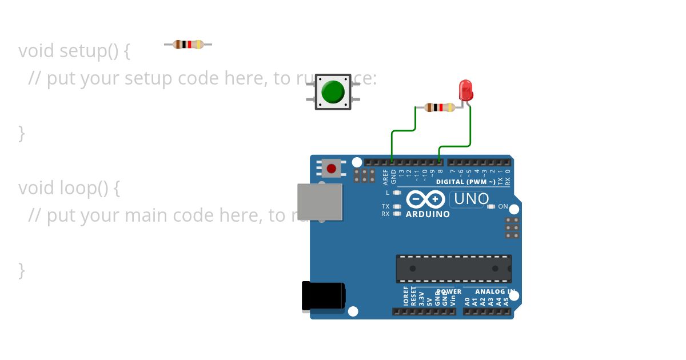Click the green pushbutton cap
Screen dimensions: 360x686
(x=333, y=91)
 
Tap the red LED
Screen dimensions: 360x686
(x=465, y=90)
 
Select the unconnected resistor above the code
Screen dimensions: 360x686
(x=188, y=45)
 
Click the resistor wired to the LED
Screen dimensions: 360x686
(x=440, y=107)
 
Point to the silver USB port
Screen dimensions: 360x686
(x=320, y=202)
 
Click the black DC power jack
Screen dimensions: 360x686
(x=323, y=297)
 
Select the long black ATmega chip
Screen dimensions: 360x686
(x=453, y=269)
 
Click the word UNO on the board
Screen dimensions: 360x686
(x=471, y=199)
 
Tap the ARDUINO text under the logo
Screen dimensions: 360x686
(x=428, y=214)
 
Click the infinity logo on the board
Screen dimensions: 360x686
(x=426, y=199)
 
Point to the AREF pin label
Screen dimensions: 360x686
(x=386, y=177)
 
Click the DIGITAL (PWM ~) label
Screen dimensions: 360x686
(x=465, y=182)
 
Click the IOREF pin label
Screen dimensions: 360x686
(x=406, y=297)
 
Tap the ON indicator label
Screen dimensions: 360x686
(x=503, y=206)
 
